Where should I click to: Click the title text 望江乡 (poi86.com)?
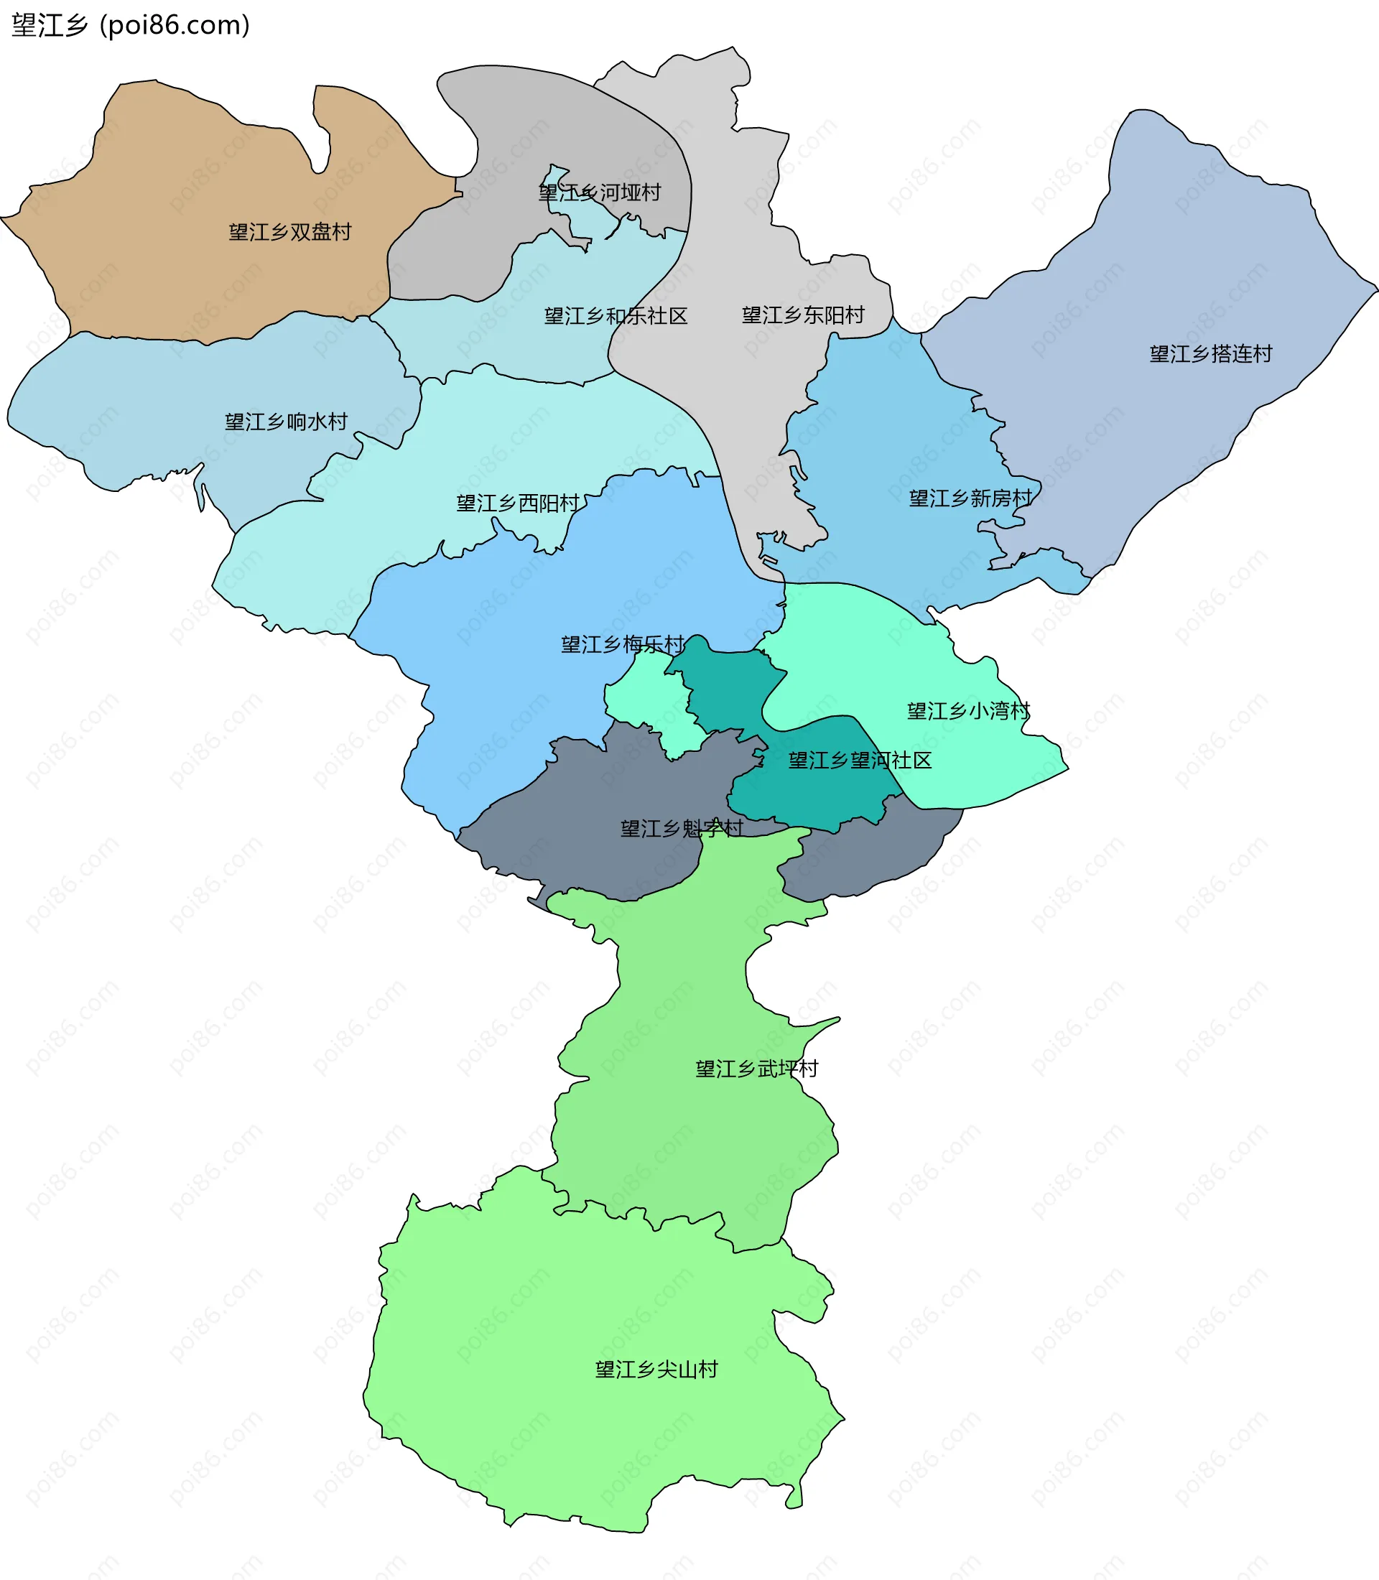pyautogui.click(x=131, y=25)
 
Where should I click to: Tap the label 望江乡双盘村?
pyautogui.click(x=290, y=232)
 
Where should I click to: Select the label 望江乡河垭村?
pyautogui.click(x=600, y=192)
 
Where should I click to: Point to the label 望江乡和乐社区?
pyautogui.click(x=616, y=315)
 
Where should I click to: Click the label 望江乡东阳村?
pyautogui.click(x=803, y=315)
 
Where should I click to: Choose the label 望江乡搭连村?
pyautogui.click(x=1210, y=353)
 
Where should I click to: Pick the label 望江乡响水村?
pyautogui.click(x=287, y=421)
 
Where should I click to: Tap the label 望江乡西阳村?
pyautogui.click(x=518, y=503)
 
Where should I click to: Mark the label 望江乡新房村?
pyautogui.click(x=970, y=498)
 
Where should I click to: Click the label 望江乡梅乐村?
pyautogui.click(x=622, y=644)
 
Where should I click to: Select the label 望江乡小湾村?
pyautogui.click(x=968, y=710)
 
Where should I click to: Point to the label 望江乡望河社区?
pyautogui.click(x=860, y=761)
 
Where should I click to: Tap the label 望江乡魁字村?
pyautogui.click(x=682, y=828)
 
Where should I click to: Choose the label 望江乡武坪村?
pyautogui.click(x=756, y=1068)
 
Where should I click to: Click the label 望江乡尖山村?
pyautogui.click(x=656, y=1369)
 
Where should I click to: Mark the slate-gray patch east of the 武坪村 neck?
pyautogui.click(x=870, y=854)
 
